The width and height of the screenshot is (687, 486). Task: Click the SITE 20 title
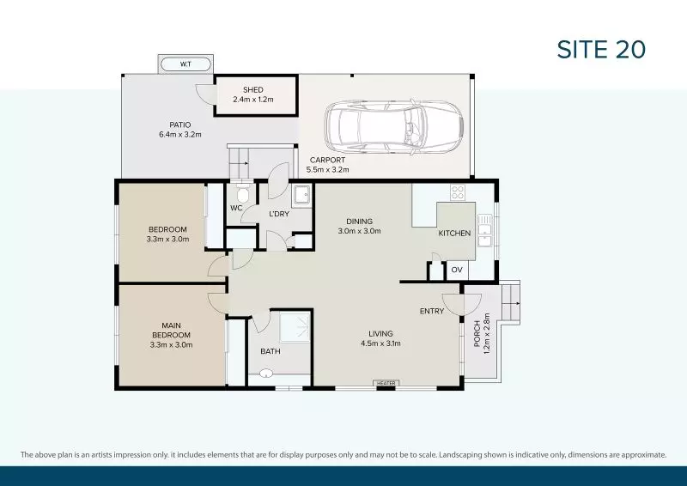coord(601,50)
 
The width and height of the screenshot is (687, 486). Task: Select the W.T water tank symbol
coord(185,64)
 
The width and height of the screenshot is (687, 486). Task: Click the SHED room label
coord(253,89)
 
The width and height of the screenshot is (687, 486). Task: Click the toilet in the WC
coord(242,194)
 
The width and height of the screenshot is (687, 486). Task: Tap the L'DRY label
coord(279,214)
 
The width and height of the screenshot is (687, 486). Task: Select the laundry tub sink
coord(302,196)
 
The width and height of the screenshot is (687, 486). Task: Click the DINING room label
coord(359,221)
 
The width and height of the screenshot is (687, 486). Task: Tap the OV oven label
coord(457,270)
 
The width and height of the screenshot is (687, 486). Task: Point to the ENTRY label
coord(432,311)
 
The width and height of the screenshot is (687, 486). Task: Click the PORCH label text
coord(477,336)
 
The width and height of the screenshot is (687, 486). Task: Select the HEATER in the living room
coord(386,383)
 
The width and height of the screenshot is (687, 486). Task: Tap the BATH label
coord(270,350)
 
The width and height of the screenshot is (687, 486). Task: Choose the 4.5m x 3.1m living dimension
coord(380,343)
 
